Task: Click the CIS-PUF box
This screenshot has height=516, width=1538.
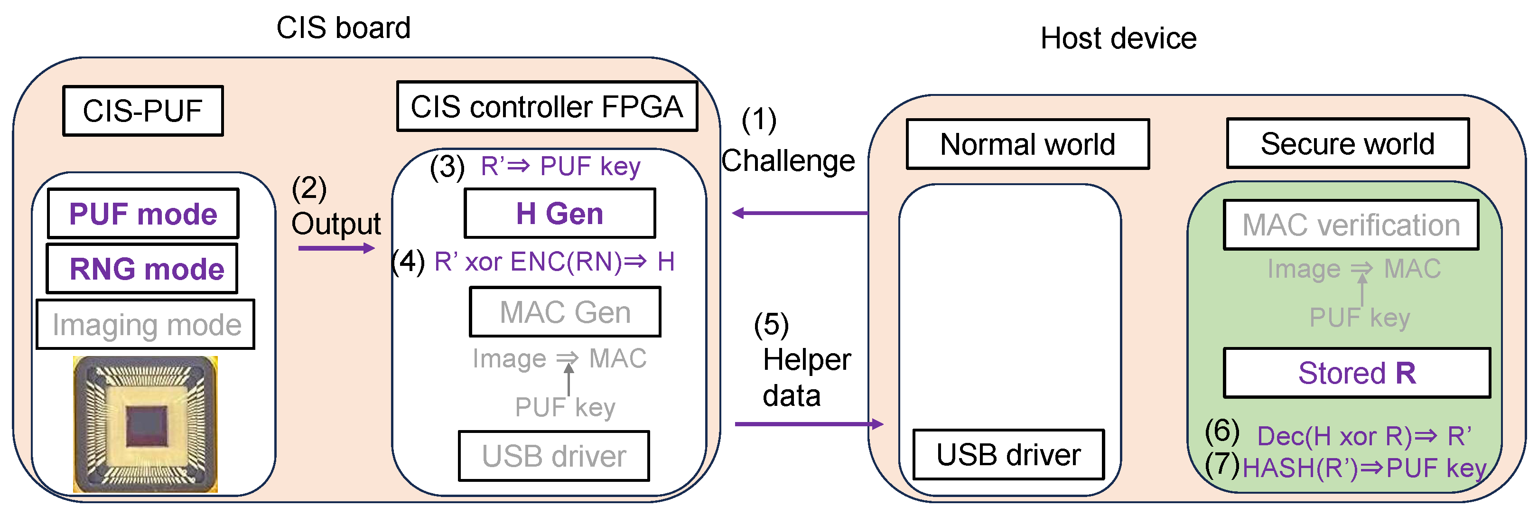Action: [x=143, y=111]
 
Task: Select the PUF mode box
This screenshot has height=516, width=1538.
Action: [x=143, y=214]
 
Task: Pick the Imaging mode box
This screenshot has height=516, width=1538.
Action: [x=146, y=324]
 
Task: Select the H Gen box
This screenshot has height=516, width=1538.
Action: [x=560, y=214]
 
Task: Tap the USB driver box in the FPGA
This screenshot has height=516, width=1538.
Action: [x=554, y=456]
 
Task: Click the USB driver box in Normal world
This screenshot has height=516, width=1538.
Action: [x=1009, y=454]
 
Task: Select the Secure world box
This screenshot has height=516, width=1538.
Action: [x=1348, y=143]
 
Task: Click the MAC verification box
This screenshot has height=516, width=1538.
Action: [x=1351, y=225]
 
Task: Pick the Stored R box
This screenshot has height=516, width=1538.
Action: [x=1357, y=373]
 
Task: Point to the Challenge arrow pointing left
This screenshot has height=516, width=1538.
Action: [x=800, y=213]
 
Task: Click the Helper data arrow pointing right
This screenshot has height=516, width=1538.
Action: [x=809, y=424]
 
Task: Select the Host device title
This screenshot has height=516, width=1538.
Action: [x=1119, y=38]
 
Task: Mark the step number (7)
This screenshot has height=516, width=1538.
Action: [x=1221, y=464]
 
